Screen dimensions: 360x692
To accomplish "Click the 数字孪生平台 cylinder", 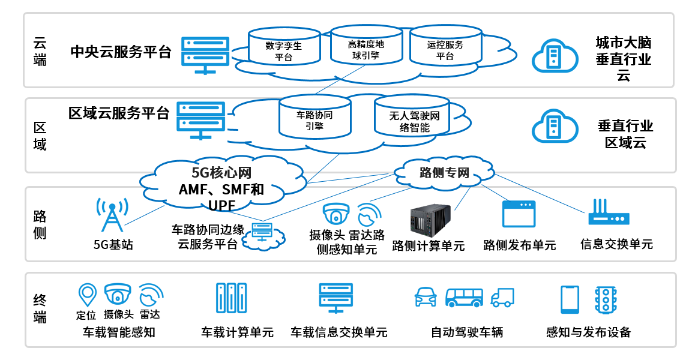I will pos(284,46).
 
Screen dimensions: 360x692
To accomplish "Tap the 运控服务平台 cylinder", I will pos(445,46).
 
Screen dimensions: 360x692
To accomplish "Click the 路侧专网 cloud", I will pos(444,173).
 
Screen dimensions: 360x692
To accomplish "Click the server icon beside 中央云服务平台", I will pos(205,55).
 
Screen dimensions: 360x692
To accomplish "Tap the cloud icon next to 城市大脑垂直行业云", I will pos(555,56).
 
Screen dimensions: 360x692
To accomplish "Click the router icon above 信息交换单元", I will pos(609,214).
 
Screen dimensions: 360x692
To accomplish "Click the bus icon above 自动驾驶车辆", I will pos(464,298).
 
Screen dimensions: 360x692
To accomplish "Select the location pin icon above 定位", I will pos(88,295).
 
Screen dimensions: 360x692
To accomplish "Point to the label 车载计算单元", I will pos(237,332).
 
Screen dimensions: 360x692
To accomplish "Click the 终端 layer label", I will pos(40,309).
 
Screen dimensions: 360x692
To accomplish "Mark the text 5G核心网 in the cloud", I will pos(221,173).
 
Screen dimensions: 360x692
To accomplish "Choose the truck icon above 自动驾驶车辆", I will pos(502,298).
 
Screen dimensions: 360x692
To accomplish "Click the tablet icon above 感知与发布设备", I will pos(570,299).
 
